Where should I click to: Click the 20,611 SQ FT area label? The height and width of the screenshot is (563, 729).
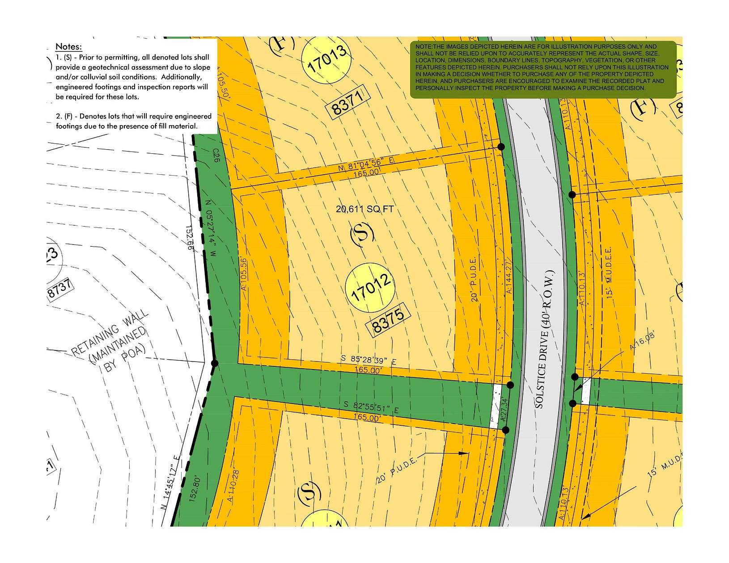(364, 209)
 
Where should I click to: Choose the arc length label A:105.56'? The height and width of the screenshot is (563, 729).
(244, 274)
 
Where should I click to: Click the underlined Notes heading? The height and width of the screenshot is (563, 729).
(68, 46)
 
